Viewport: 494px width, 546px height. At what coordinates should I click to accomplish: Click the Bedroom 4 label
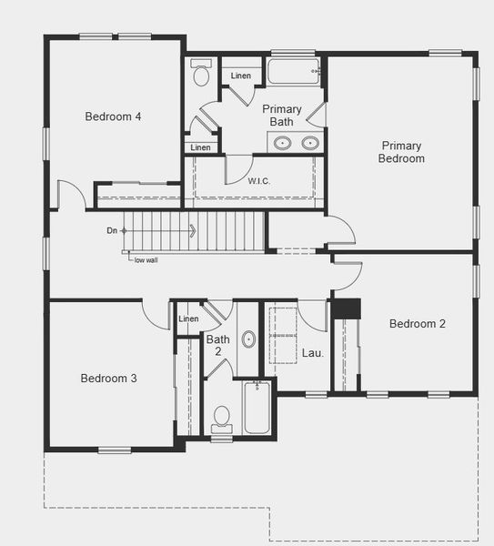tap(112, 116)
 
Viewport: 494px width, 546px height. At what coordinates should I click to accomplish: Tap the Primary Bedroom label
tap(402, 152)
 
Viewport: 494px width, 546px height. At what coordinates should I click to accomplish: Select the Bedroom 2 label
tap(417, 324)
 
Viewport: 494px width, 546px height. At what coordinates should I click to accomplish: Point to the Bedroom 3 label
tap(108, 379)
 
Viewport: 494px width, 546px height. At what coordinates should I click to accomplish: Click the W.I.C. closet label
tap(259, 181)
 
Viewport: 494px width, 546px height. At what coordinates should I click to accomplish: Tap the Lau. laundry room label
tap(312, 351)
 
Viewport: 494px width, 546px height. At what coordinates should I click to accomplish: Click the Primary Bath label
tap(282, 115)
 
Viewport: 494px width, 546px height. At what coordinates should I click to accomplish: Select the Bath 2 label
tap(213, 344)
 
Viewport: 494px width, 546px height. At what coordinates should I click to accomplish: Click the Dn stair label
tap(112, 230)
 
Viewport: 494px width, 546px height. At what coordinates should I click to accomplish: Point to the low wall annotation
tap(146, 259)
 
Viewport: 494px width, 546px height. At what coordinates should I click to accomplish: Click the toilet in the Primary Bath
tap(201, 73)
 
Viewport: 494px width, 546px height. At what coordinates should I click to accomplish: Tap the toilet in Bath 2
tap(221, 419)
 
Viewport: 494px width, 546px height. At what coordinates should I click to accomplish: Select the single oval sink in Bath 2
tap(248, 339)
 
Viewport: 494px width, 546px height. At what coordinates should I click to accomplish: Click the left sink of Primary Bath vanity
tap(282, 142)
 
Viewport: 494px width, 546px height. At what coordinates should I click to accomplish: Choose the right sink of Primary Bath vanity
tap(309, 142)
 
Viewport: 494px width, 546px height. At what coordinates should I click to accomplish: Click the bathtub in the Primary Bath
tap(293, 71)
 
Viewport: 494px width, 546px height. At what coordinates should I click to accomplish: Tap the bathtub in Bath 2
tap(257, 407)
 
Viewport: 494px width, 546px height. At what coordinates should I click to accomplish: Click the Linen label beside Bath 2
tap(188, 318)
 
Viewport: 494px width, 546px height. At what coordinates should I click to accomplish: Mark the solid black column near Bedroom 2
tap(346, 308)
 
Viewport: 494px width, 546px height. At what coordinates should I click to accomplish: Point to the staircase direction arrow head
tap(192, 230)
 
